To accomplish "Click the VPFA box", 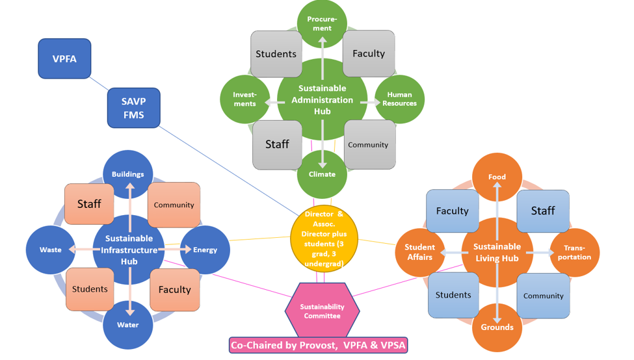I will click(64, 59).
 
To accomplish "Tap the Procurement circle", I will click(322, 23).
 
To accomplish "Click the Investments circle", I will click(245, 99).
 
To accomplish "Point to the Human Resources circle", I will click(399, 99).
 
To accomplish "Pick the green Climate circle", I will click(322, 174).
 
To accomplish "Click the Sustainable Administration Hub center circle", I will click(322, 99).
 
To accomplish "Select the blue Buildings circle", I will click(128, 174).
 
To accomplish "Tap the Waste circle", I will click(51, 250).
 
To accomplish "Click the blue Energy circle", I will click(205, 250).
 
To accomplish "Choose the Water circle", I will click(128, 325).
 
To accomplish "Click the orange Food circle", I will click(497, 177).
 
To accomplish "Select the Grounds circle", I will click(497, 327).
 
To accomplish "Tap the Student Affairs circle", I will click(420, 252).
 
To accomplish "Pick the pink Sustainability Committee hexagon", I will click(322, 311).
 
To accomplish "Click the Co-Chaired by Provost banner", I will click(318, 345).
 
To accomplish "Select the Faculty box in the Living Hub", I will click(452, 211).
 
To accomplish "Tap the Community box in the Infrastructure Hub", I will click(174, 205).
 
